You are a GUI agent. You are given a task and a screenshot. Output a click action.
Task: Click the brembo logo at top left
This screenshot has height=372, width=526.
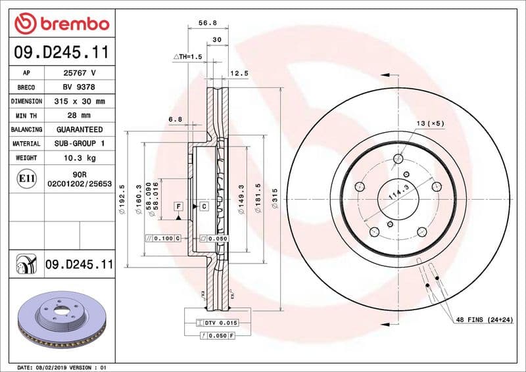[61, 24]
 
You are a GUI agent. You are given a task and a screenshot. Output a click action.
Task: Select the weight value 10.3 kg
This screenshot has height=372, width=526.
[80, 158]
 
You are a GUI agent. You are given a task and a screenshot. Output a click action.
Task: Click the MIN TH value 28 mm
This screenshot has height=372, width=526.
[80, 116]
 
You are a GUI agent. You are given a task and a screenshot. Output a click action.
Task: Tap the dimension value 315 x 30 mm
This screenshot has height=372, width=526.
[80, 101]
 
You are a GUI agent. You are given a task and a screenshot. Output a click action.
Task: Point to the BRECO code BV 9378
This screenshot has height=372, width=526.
[80, 87]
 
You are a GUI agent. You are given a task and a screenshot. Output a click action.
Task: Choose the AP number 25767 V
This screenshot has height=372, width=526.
[80, 73]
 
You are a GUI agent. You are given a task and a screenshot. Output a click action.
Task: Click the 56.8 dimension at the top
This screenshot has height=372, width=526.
[208, 22]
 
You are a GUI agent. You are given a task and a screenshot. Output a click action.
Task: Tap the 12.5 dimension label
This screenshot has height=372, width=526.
[239, 74]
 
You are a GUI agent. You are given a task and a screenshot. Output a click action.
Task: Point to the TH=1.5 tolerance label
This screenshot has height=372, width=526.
[188, 57]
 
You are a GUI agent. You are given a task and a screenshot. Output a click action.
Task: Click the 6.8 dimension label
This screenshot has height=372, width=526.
[175, 120]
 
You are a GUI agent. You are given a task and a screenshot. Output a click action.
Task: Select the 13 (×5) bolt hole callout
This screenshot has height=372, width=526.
[430, 124]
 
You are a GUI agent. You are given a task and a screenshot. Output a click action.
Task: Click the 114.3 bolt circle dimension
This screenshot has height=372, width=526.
[394, 191]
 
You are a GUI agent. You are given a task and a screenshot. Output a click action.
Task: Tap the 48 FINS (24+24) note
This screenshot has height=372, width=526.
[484, 319]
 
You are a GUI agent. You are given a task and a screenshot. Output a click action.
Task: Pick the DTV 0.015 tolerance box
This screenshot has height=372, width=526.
[217, 323]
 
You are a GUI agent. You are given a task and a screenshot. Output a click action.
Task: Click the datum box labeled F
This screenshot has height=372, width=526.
[178, 206]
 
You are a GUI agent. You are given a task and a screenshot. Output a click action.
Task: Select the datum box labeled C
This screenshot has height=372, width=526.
[204, 206]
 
